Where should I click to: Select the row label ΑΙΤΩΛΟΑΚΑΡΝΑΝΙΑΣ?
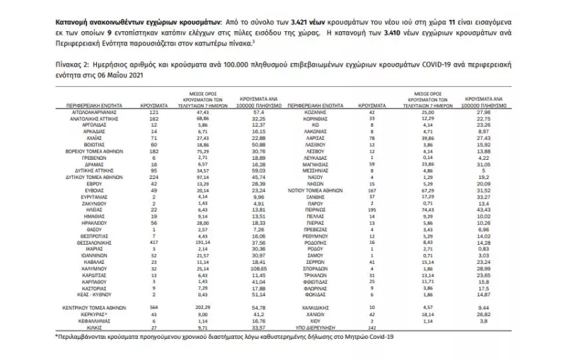click(88, 112)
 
